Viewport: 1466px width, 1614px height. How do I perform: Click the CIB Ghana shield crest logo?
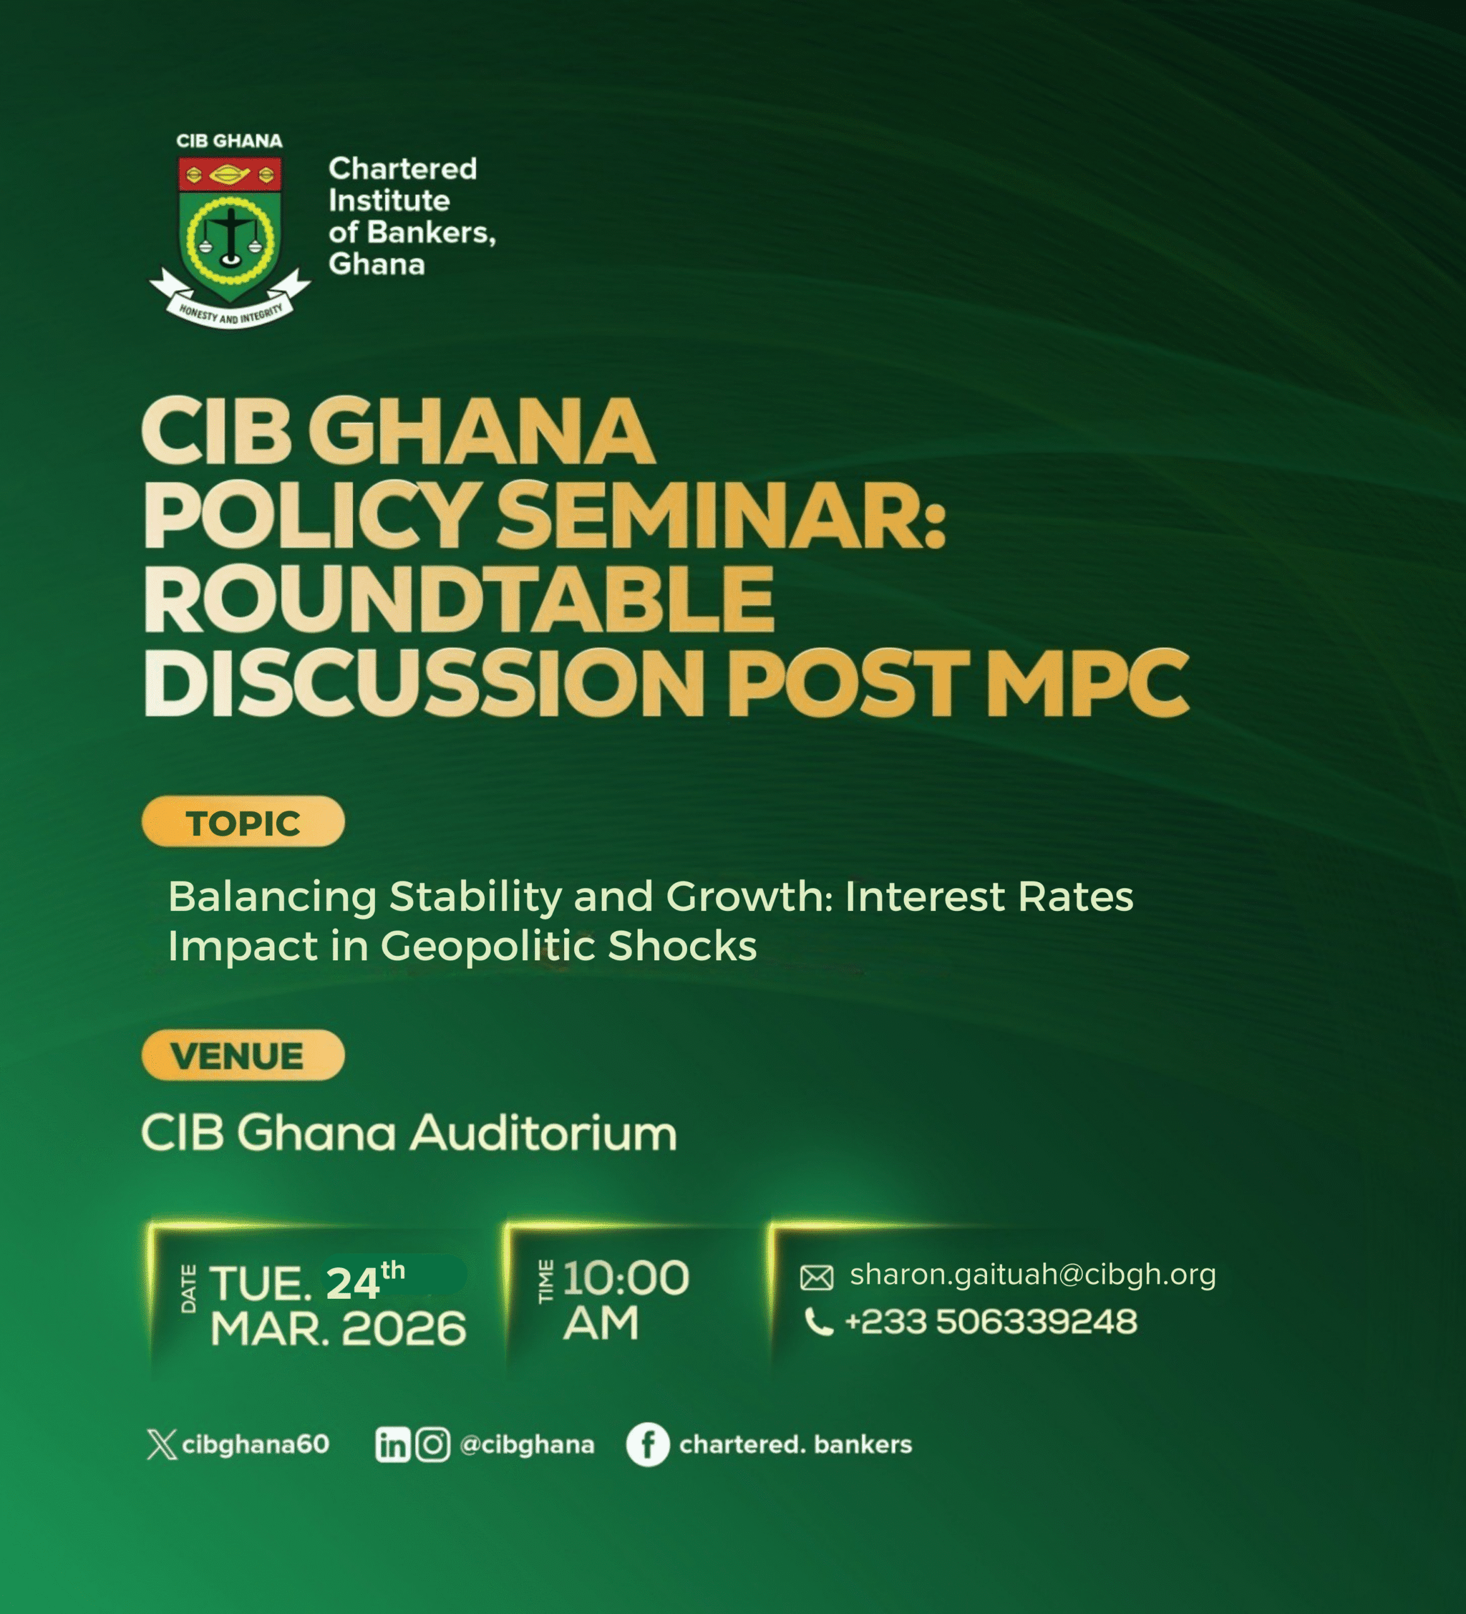pos(229,232)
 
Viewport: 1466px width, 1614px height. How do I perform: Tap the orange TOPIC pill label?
pos(243,822)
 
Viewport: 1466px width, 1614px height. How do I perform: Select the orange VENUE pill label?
pos(243,1055)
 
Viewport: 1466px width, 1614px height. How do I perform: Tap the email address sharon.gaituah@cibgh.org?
pos(1032,1274)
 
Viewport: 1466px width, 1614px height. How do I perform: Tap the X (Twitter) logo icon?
pos(161,1444)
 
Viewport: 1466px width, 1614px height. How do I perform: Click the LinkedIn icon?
pos(392,1445)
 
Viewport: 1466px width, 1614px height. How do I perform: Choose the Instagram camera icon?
pos(433,1445)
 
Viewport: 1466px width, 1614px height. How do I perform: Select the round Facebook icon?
pos(647,1445)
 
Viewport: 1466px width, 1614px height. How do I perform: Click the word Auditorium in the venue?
pos(544,1134)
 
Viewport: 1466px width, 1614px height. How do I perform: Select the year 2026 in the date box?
pos(404,1329)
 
